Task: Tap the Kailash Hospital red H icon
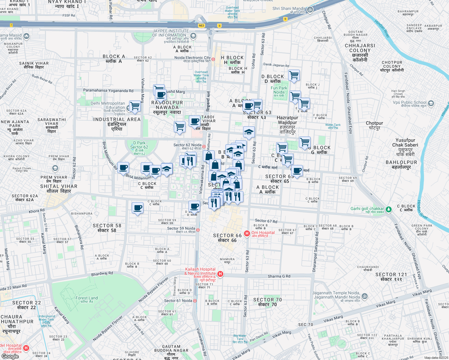point(220,274)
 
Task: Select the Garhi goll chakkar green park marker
point(388,209)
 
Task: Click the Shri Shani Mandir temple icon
point(310,10)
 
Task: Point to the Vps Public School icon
point(431,103)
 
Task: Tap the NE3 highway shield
point(201,25)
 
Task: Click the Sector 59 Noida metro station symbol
point(198,230)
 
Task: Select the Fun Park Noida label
point(279,90)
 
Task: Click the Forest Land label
point(86,298)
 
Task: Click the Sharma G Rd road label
point(279,276)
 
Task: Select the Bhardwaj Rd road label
point(102,274)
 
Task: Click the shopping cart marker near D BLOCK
point(294,75)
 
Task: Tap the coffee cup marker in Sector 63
point(249,106)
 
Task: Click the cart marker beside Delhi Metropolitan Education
point(135,106)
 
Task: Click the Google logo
point(10,356)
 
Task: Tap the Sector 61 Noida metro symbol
point(195,301)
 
